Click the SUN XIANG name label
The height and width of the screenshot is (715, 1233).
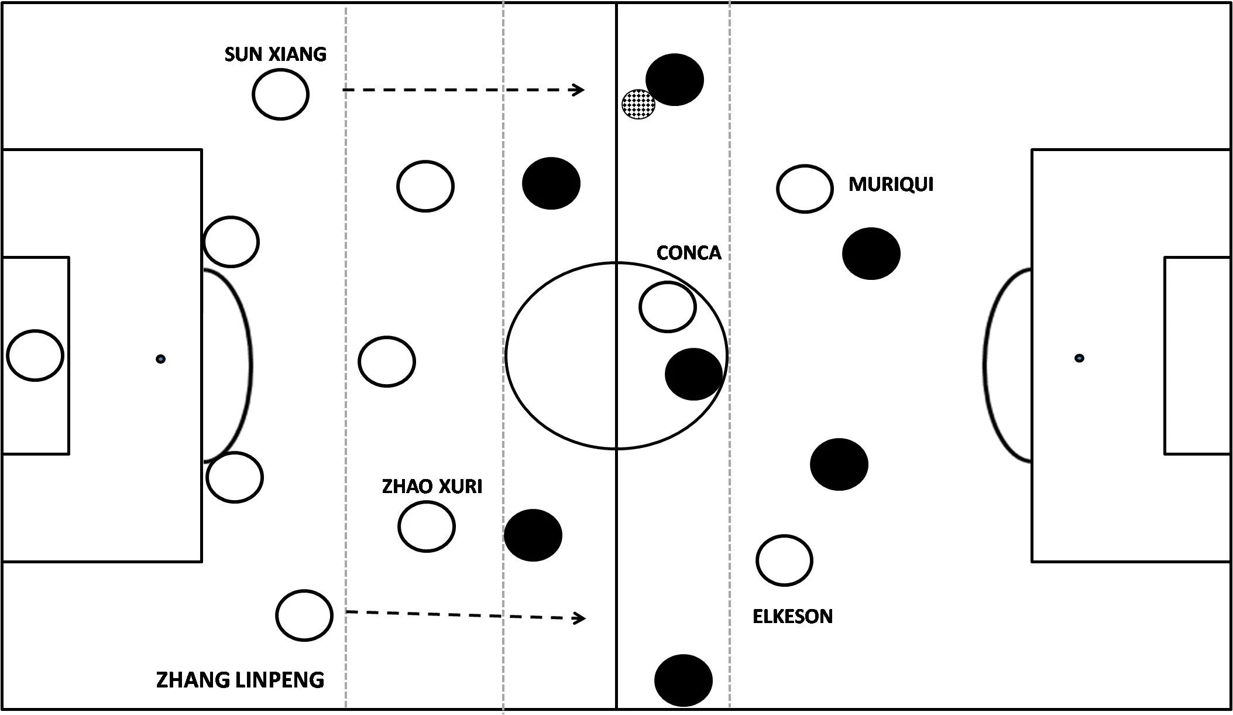[275, 54]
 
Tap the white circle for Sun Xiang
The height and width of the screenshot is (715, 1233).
[280, 94]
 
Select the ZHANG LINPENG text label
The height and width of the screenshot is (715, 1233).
[240, 680]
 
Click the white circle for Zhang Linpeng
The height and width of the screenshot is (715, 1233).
[304, 615]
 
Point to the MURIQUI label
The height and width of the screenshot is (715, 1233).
[891, 184]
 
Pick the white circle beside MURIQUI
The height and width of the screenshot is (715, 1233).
[805, 189]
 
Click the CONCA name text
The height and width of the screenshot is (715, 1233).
[689, 253]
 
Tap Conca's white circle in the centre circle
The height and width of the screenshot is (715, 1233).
[667, 307]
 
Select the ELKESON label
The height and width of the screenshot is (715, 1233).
[792, 617]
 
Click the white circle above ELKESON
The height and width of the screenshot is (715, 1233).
[784, 560]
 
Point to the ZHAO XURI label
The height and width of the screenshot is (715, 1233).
[432, 487]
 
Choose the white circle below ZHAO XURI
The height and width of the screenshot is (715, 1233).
[427, 526]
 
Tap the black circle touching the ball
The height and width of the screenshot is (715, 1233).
[675, 80]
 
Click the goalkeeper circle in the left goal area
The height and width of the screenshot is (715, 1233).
[35, 355]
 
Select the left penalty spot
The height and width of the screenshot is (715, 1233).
[160, 359]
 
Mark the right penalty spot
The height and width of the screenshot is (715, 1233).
[1079, 358]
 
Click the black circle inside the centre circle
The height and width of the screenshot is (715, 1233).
[693, 374]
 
